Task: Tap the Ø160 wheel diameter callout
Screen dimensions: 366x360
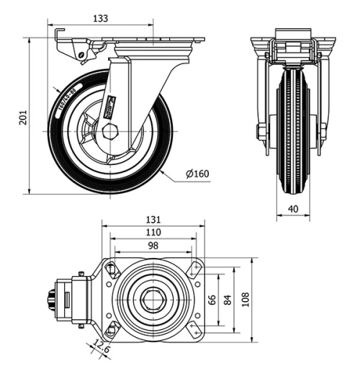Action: [x=196, y=174]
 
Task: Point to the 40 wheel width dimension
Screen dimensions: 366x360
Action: [x=294, y=207]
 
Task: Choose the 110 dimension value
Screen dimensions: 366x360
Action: [x=152, y=233]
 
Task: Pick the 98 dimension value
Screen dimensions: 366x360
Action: [x=152, y=246]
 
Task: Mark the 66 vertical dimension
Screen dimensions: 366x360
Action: [x=212, y=299]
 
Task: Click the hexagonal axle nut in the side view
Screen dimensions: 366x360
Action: [x=110, y=131]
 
